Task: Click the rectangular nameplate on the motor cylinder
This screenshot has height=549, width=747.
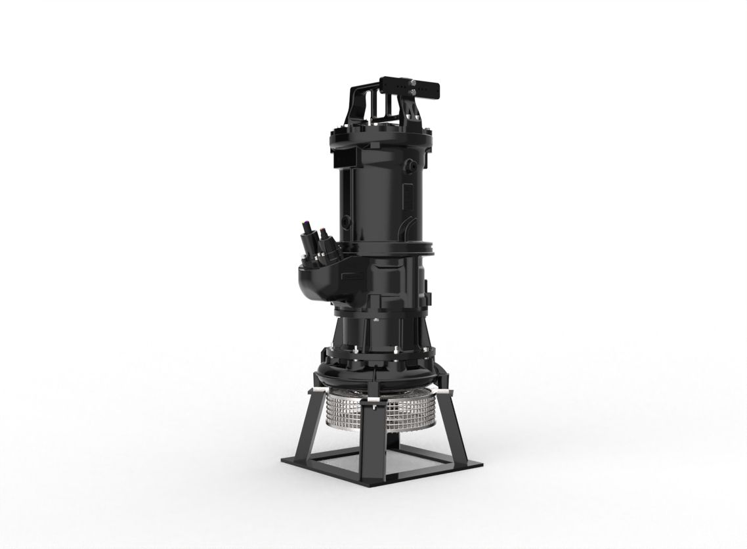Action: click(x=408, y=197)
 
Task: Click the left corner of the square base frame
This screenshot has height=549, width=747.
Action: click(x=284, y=461)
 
